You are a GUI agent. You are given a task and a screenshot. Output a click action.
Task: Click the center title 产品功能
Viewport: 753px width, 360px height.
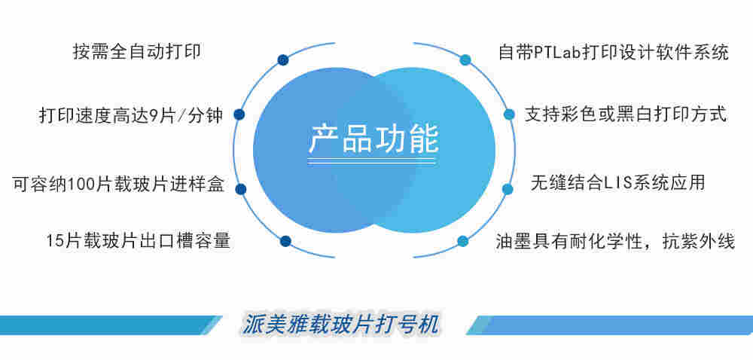(373, 138)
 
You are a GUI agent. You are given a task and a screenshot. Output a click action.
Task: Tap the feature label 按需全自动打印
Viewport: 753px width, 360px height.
(139, 53)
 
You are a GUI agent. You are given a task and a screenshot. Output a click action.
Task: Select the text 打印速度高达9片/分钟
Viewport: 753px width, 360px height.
(130, 116)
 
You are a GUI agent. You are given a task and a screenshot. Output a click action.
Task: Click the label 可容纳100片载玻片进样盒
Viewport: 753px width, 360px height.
(118, 184)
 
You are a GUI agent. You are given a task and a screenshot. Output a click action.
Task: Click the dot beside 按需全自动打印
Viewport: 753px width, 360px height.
(282, 59)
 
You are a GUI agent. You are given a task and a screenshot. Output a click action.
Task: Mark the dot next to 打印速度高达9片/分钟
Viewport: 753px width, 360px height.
(239, 114)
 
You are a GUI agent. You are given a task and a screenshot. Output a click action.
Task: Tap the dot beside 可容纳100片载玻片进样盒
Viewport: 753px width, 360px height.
(241, 188)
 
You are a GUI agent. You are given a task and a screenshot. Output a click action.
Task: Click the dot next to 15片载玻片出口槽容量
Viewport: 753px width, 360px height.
(285, 241)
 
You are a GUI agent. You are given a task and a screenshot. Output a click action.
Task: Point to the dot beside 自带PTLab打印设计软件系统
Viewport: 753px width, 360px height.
(465, 59)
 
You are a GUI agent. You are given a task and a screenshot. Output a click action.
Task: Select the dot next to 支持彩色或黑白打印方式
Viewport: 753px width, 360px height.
(509, 114)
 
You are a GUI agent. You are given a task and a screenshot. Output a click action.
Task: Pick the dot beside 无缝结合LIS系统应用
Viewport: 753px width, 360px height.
(508, 188)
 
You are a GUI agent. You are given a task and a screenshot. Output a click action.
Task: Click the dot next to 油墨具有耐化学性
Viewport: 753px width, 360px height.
(463, 241)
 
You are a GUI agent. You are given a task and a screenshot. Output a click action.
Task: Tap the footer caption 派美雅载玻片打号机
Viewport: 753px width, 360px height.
(342, 323)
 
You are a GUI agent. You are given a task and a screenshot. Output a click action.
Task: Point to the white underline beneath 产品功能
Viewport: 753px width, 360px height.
(373, 160)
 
